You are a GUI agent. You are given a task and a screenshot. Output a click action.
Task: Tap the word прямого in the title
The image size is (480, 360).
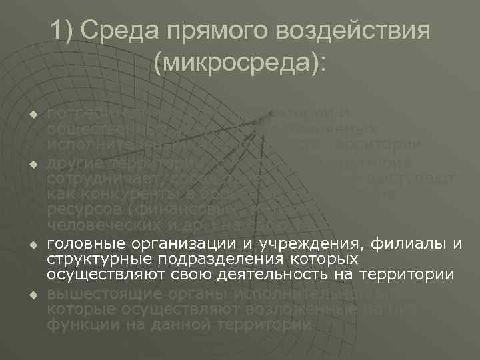[216, 31]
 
